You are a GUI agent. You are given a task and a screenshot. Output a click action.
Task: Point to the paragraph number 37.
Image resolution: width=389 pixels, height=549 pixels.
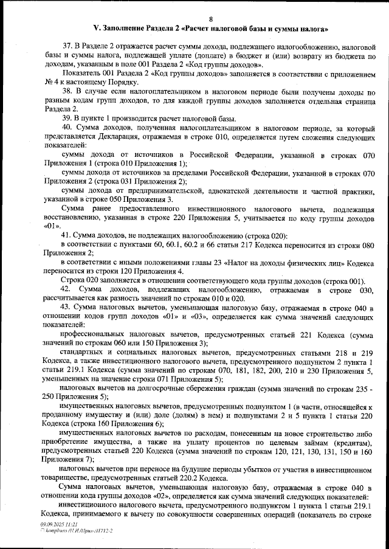click(67, 46)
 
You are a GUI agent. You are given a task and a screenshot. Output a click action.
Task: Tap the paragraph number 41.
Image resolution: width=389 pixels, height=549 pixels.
click(67, 235)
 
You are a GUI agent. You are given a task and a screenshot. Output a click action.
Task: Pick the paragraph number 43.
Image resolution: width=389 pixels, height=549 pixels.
click(67, 308)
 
